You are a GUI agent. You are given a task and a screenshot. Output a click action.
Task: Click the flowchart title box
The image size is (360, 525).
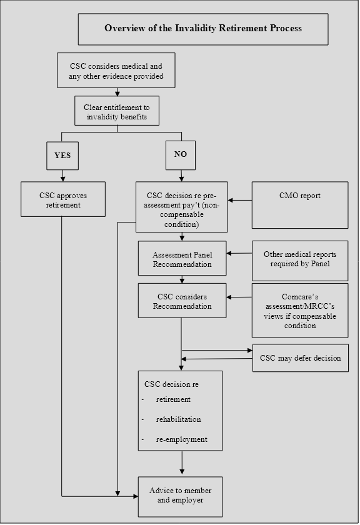(x=203, y=29)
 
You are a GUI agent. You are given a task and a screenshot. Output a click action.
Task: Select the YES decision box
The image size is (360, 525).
(x=62, y=156)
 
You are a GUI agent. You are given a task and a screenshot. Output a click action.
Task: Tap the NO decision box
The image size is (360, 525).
(x=181, y=155)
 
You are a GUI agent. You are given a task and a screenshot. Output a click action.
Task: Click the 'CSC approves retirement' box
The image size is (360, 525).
(x=63, y=199)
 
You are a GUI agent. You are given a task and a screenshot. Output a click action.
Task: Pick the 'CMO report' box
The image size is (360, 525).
(x=300, y=205)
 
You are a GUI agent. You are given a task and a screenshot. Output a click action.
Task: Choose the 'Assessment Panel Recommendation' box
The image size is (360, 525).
(x=182, y=259)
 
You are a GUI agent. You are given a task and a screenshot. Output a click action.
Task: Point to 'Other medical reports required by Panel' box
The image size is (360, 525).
(x=300, y=261)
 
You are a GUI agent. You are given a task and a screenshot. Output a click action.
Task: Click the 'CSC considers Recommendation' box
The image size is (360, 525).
(x=182, y=301)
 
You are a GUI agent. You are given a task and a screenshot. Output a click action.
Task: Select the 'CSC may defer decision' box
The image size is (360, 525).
(x=301, y=358)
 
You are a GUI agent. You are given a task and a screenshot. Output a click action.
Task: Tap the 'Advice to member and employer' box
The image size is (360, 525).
(x=180, y=497)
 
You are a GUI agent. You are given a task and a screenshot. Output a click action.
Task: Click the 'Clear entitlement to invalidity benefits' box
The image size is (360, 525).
(x=117, y=111)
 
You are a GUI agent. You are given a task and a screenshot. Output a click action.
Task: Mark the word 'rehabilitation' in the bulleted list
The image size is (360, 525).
(x=179, y=419)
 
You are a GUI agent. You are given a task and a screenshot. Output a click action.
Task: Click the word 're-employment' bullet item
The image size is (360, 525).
(x=181, y=439)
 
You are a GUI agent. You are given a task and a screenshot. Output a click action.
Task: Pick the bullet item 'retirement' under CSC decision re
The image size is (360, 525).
(x=173, y=399)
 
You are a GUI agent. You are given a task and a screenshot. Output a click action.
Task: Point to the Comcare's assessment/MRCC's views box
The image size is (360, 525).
(x=300, y=311)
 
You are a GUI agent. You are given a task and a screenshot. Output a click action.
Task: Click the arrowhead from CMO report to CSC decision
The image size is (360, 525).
(x=231, y=201)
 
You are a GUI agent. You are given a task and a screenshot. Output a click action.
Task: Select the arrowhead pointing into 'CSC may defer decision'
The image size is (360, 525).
(x=250, y=350)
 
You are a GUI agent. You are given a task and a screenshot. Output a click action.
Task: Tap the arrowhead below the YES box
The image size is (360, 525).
(x=62, y=179)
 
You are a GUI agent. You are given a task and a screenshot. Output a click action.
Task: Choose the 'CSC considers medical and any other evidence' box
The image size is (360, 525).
(x=116, y=70)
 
